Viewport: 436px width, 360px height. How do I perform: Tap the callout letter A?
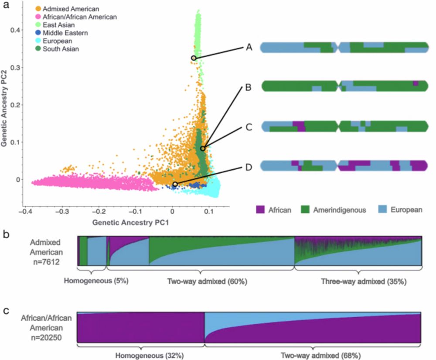(x=249, y=48)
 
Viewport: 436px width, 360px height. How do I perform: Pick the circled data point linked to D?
(x=175, y=184)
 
